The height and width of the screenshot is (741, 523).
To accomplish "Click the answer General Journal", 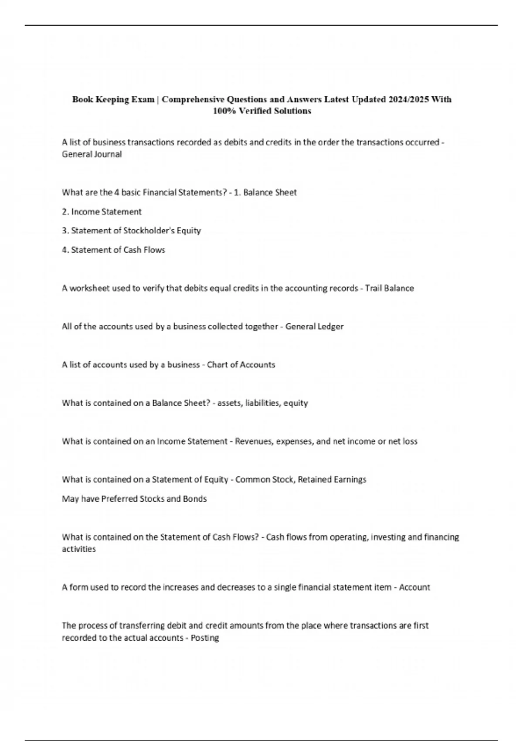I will [92, 154].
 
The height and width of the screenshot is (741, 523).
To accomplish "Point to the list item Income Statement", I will [106, 212].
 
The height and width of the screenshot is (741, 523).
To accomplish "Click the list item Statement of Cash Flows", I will [118, 250].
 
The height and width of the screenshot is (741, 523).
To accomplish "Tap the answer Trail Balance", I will [389, 288].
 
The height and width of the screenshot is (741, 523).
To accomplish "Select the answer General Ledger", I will [314, 326].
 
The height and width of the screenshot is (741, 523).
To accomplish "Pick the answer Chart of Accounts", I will [241, 365].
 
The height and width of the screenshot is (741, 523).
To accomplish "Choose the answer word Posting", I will [205, 639].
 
